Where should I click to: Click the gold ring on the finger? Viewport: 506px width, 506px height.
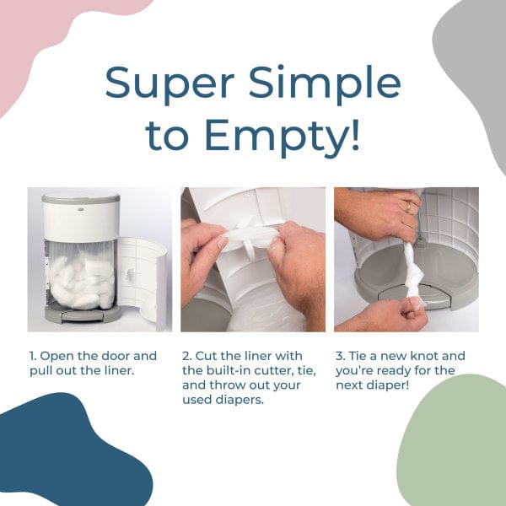click(x=409, y=207)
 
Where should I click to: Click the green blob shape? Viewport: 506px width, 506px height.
click(x=455, y=447)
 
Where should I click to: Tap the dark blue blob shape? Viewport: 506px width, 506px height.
click(x=67, y=455)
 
